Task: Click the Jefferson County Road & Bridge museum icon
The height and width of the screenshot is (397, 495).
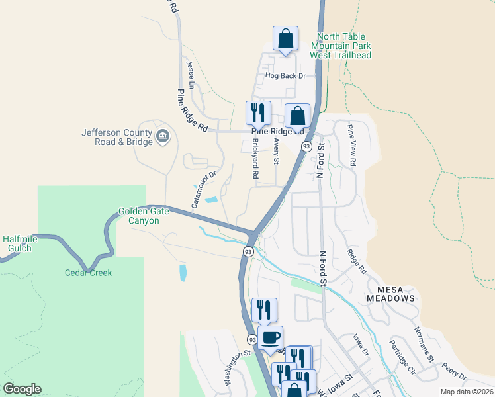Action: click(163, 138)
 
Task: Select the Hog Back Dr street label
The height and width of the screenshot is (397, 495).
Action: click(286, 76)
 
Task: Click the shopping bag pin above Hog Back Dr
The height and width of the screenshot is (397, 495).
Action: click(285, 40)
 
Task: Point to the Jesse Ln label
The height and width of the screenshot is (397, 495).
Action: click(191, 75)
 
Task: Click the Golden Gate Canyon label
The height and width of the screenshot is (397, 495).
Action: click(139, 216)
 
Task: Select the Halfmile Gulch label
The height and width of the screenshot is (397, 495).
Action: click(21, 243)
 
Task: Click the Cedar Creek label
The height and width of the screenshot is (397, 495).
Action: click(88, 273)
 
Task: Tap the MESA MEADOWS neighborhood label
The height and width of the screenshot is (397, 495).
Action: click(396, 294)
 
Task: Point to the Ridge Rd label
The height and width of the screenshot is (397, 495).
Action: click(357, 261)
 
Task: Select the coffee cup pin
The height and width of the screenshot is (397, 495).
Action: click(270, 338)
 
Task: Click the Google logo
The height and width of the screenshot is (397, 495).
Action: click(22, 389)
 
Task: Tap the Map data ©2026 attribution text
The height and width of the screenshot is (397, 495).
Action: click(466, 392)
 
